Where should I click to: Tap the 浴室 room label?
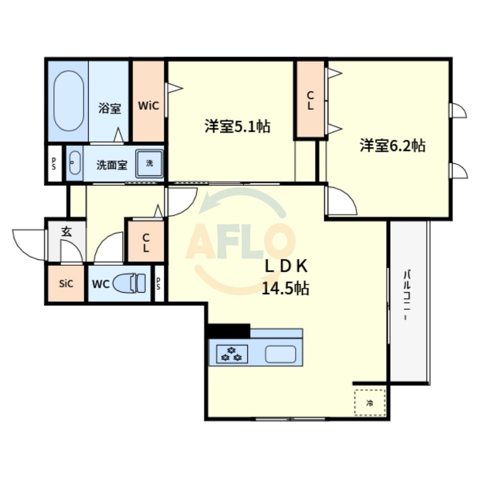pyautogui.click(x=110, y=109)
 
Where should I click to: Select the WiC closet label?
pyautogui.click(x=148, y=106)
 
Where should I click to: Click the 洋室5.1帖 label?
pyautogui.click(x=237, y=127)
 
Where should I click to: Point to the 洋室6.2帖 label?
pyautogui.click(x=393, y=145)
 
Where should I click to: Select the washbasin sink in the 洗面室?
pyautogui.click(x=74, y=163)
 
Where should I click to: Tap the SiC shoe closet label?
pyautogui.click(x=66, y=284)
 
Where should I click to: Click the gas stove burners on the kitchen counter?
pyautogui.click(x=231, y=354)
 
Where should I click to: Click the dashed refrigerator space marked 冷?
pyautogui.click(x=369, y=402)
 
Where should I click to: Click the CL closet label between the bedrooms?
pyautogui.click(x=310, y=100)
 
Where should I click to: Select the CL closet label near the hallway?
pyautogui.click(x=146, y=243)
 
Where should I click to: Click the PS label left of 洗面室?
pyautogui.click(x=54, y=163)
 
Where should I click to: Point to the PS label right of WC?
pyautogui.click(x=158, y=284)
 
